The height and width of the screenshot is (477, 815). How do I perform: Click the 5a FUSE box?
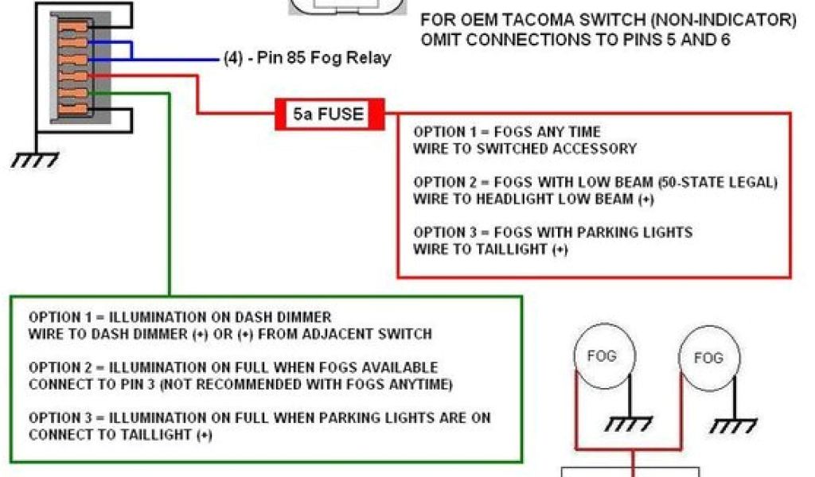[329, 114]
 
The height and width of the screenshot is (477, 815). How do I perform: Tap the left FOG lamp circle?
[601, 356]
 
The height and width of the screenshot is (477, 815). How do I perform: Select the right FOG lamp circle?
[708, 359]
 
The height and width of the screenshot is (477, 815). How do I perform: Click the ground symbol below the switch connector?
[34, 161]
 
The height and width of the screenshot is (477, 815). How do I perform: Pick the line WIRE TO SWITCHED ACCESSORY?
[524, 148]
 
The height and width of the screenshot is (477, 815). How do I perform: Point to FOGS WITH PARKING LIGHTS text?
[593, 232]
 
